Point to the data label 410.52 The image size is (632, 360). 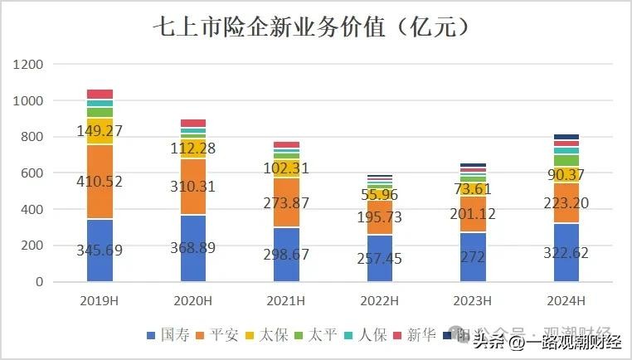click(100, 181)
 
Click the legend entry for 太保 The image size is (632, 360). click(270, 335)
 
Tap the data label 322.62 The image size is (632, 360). click(566, 251)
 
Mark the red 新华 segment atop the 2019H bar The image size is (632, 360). click(100, 95)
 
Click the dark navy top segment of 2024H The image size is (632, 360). click(566, 137)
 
